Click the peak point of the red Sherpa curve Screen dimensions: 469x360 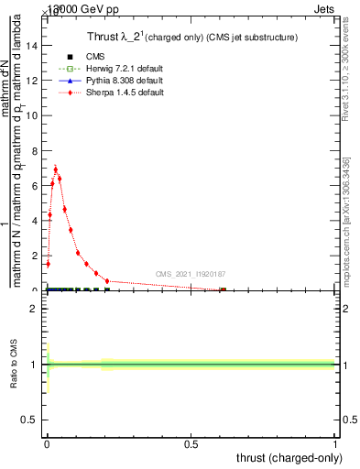56,169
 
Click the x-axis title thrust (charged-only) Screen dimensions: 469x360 288,457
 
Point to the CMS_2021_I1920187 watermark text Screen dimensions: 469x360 190,274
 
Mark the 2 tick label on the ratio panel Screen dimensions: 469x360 36,309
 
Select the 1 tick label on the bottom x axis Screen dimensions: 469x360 335,444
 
